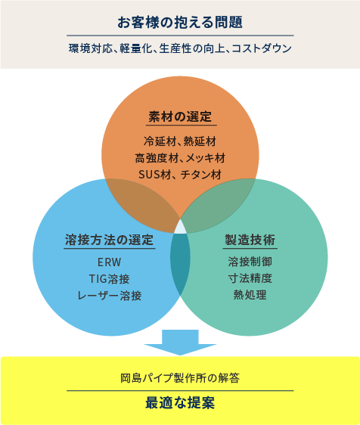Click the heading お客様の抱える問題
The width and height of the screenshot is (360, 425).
[180, 22]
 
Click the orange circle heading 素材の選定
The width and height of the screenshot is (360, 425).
[180, 116]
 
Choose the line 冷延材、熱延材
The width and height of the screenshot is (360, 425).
[180, 141]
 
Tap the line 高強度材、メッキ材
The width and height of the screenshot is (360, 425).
[180, 158]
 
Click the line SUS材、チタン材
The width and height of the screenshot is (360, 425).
[180, 175]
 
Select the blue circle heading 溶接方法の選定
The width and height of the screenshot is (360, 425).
[109, 240]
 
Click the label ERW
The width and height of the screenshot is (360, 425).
[109, 262]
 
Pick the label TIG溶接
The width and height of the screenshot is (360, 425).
[109, 279]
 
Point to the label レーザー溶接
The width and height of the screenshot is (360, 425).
[109, 296]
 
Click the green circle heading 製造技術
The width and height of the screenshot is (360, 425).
[250, 240]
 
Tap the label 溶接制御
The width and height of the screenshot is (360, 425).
[250, 262]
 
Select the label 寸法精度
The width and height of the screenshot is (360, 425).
[250, 278]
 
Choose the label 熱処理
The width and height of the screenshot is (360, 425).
[250, 295]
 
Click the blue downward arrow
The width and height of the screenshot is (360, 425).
[180, 343]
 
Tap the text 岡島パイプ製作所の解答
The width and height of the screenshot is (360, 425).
[180, 378]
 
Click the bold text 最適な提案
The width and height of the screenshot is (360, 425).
[180, 402]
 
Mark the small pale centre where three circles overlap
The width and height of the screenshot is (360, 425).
[180, 228]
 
